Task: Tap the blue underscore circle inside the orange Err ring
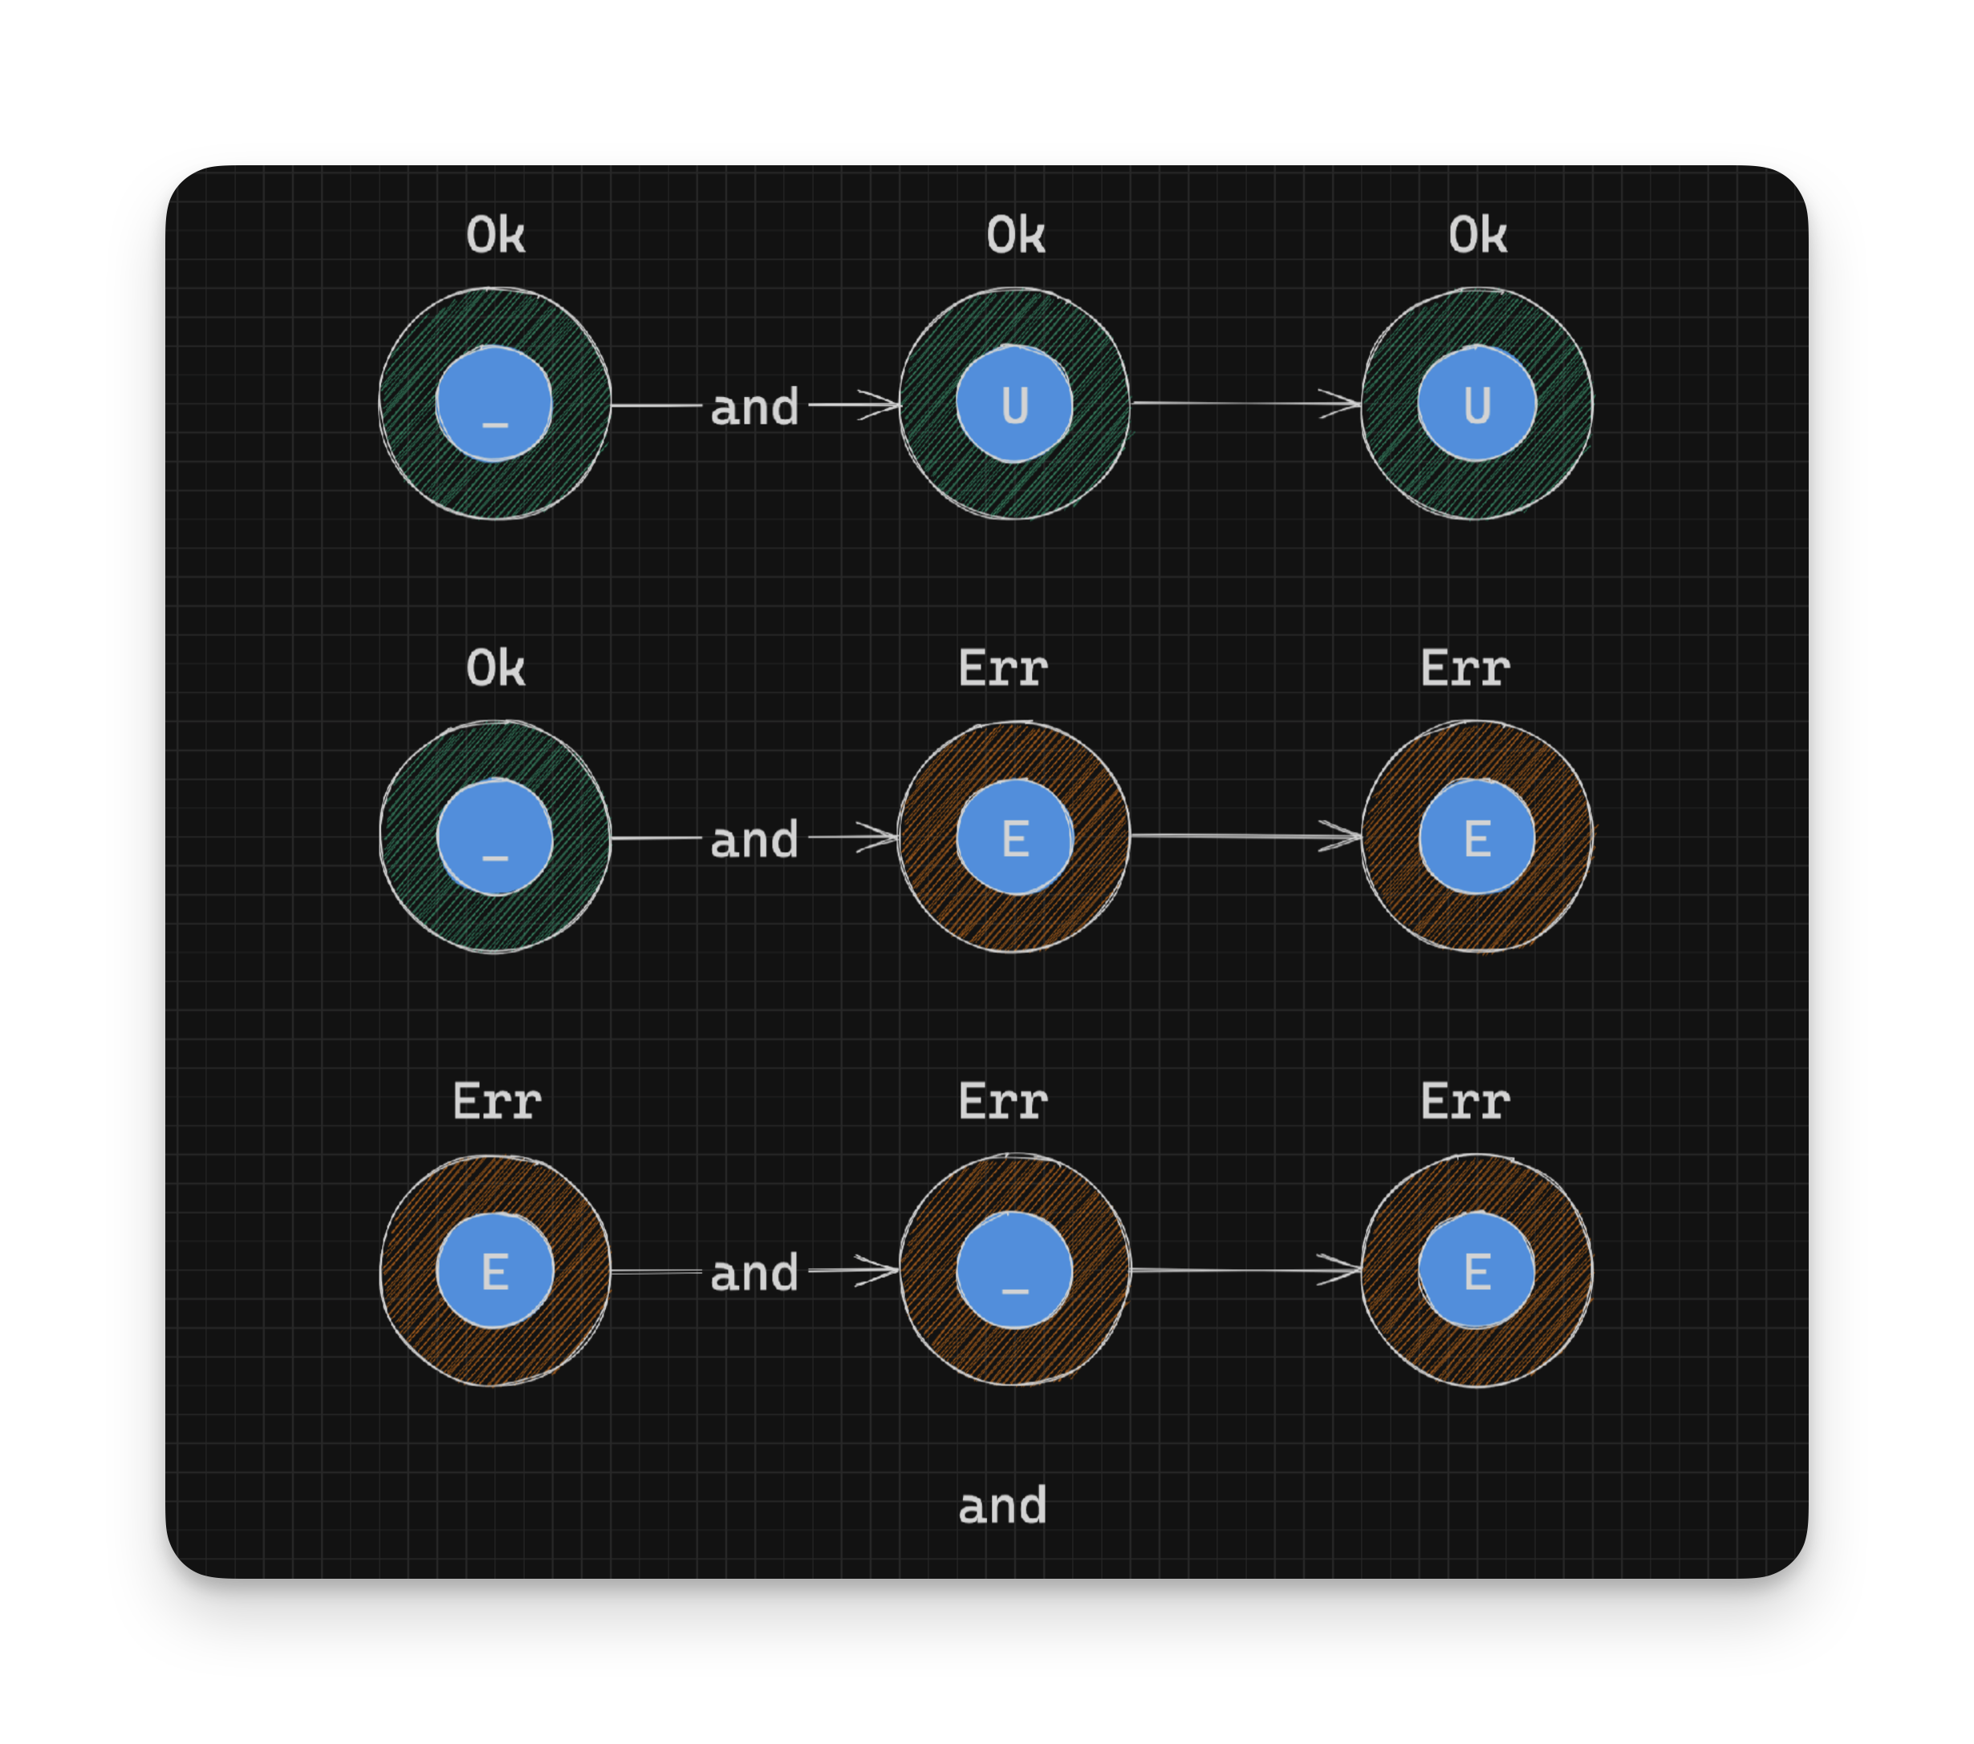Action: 1014,1271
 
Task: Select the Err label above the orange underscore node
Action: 1002,1101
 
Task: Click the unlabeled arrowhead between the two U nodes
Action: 1342,404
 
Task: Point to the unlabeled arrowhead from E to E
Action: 1342,836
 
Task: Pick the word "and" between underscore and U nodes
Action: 754,408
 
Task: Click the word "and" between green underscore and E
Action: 754,840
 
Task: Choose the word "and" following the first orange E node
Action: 754,1274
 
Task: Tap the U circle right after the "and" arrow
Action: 1014,404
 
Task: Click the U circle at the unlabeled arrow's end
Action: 1476,404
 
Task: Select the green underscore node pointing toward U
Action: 494,404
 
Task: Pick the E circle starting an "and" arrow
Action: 494,1271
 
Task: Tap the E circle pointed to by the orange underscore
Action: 1476,1271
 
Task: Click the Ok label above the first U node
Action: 1015,236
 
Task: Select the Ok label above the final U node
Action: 1476,236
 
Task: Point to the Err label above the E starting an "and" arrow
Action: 497,1101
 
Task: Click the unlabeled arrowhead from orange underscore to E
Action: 1342,1270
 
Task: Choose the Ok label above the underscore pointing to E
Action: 495,668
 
